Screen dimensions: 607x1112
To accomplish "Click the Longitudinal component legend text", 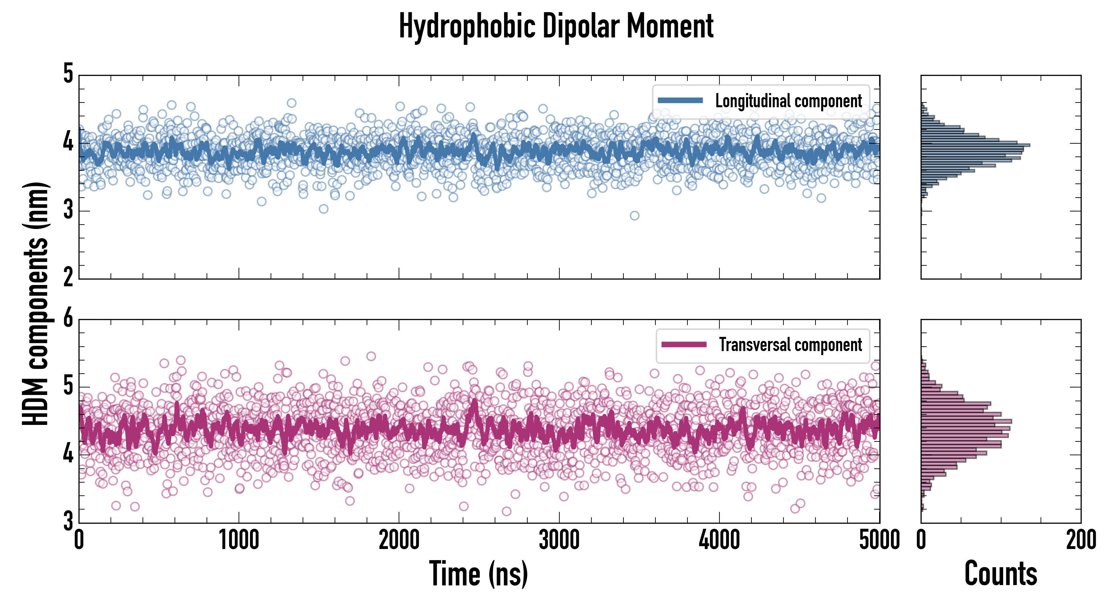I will pos(788,101).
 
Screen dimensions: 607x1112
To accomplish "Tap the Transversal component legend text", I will pos(791,345).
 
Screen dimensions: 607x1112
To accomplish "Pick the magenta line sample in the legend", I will pos(684,345).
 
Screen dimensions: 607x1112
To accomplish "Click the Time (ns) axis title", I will pos(478,573).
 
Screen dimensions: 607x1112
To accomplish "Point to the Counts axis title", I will pos(1000,573).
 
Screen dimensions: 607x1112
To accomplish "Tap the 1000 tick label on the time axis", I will pos(239,540).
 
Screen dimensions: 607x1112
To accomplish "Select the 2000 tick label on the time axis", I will pos(399,540).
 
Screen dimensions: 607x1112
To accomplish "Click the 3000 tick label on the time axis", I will pos(559,540).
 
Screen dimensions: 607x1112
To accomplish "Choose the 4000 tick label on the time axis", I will pos(719,540).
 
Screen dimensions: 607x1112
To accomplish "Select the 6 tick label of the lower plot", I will pos(68,319).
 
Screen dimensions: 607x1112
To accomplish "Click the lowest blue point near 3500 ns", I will pos(634,215).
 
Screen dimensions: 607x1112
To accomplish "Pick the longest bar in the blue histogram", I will pos(976,145).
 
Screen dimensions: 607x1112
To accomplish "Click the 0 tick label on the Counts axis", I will pos(921,540).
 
